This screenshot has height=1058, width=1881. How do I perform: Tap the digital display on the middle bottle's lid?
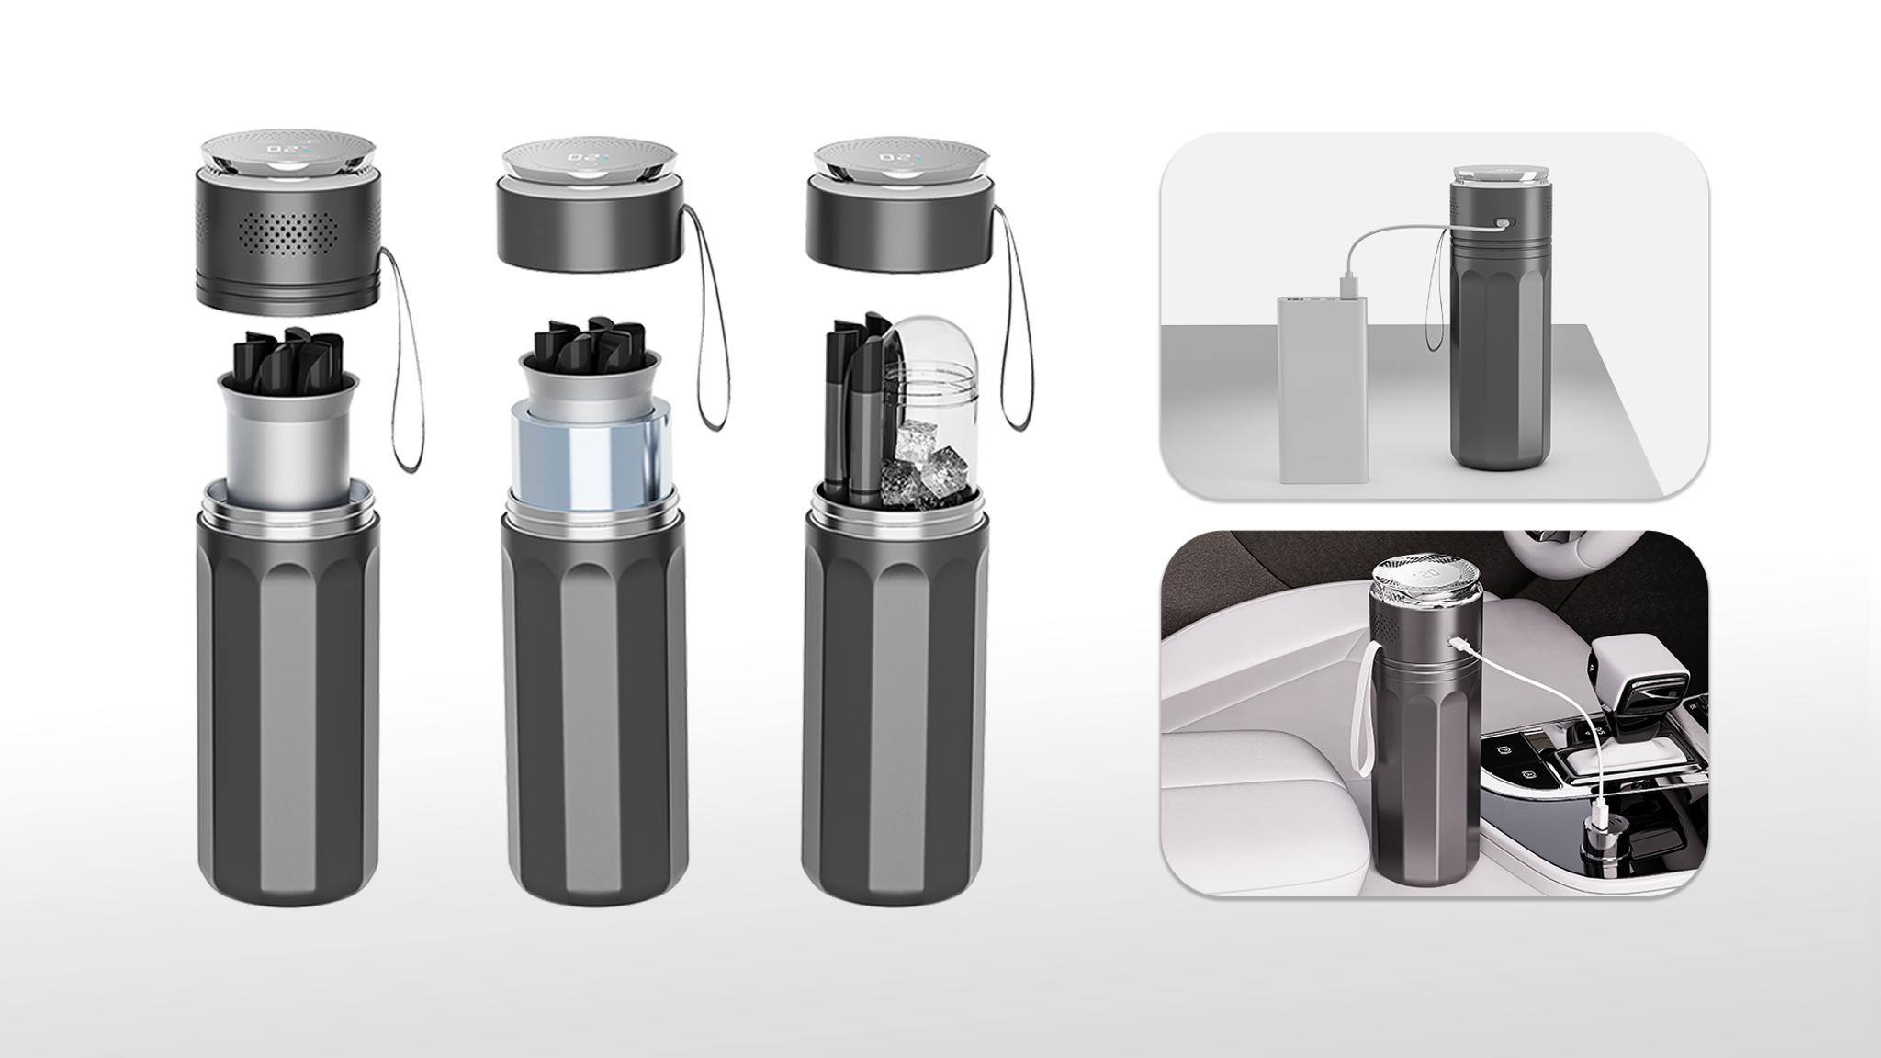tap(588, 157)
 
